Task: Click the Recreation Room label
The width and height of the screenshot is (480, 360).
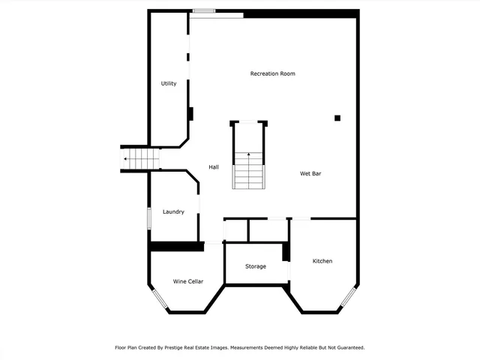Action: [272, 73]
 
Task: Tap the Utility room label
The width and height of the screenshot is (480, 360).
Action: [169, 83]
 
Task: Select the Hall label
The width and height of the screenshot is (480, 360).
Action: [214, 166]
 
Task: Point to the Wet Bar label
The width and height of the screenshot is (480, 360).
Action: [310, 173]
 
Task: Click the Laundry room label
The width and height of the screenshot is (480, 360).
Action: [173, 211]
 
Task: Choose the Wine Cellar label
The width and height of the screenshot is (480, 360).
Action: [188, 281]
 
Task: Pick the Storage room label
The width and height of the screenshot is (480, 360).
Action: [256, 266]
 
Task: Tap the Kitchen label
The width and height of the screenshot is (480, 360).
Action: [322, 261]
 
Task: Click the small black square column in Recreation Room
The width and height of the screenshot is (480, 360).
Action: [337, 118]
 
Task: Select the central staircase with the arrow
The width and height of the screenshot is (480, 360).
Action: [249, 169]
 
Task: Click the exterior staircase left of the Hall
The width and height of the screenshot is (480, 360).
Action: [142, 159]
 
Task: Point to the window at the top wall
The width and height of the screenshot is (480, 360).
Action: [203, 10]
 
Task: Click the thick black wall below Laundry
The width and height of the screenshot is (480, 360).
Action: [176, 246]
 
